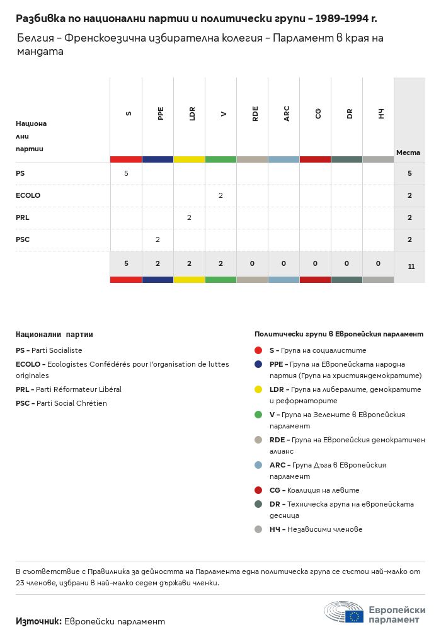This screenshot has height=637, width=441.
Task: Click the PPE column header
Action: coord(161,113)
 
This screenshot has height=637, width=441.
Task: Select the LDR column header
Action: coord(192,113)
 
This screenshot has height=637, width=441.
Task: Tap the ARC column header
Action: coord(287,113)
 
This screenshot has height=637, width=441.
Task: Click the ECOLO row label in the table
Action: coord(28,195)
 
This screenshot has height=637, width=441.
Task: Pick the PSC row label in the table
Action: coord(23,239)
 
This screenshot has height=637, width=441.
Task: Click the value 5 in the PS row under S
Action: coord(126,173)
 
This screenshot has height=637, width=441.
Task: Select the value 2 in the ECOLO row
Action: coord(220,195)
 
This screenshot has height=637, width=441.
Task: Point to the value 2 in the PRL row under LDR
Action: coord(189,217)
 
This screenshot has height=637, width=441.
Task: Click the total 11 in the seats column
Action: coord(411,267)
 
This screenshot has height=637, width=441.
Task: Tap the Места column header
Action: coord(408,152)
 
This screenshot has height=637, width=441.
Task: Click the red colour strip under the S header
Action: coord(126,159)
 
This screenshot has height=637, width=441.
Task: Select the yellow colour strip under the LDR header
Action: coord(189,159)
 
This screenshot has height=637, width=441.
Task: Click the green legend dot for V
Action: coord(258,415)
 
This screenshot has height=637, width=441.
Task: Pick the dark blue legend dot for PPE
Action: coord(258,364)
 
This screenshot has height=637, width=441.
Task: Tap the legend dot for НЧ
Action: coord(258,529)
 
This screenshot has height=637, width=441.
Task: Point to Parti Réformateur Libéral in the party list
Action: coord(78,389)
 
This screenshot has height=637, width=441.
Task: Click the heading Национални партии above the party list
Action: coord(54,335)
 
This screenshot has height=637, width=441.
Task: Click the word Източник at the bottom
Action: coord(38,621)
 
